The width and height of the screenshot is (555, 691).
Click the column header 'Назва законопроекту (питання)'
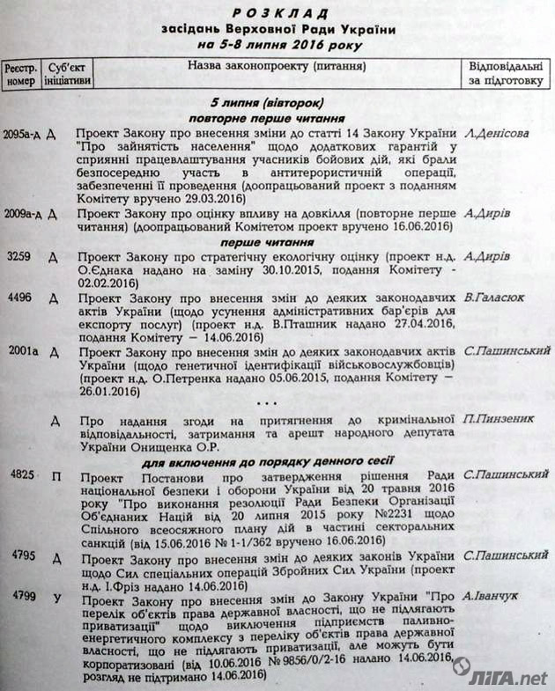[277, 65]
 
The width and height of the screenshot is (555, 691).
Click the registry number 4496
[18, 298]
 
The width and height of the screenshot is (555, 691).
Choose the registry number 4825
[19, 476]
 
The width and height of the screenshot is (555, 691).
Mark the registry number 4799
[19, 596]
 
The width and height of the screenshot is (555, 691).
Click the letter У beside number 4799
[55, 599]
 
